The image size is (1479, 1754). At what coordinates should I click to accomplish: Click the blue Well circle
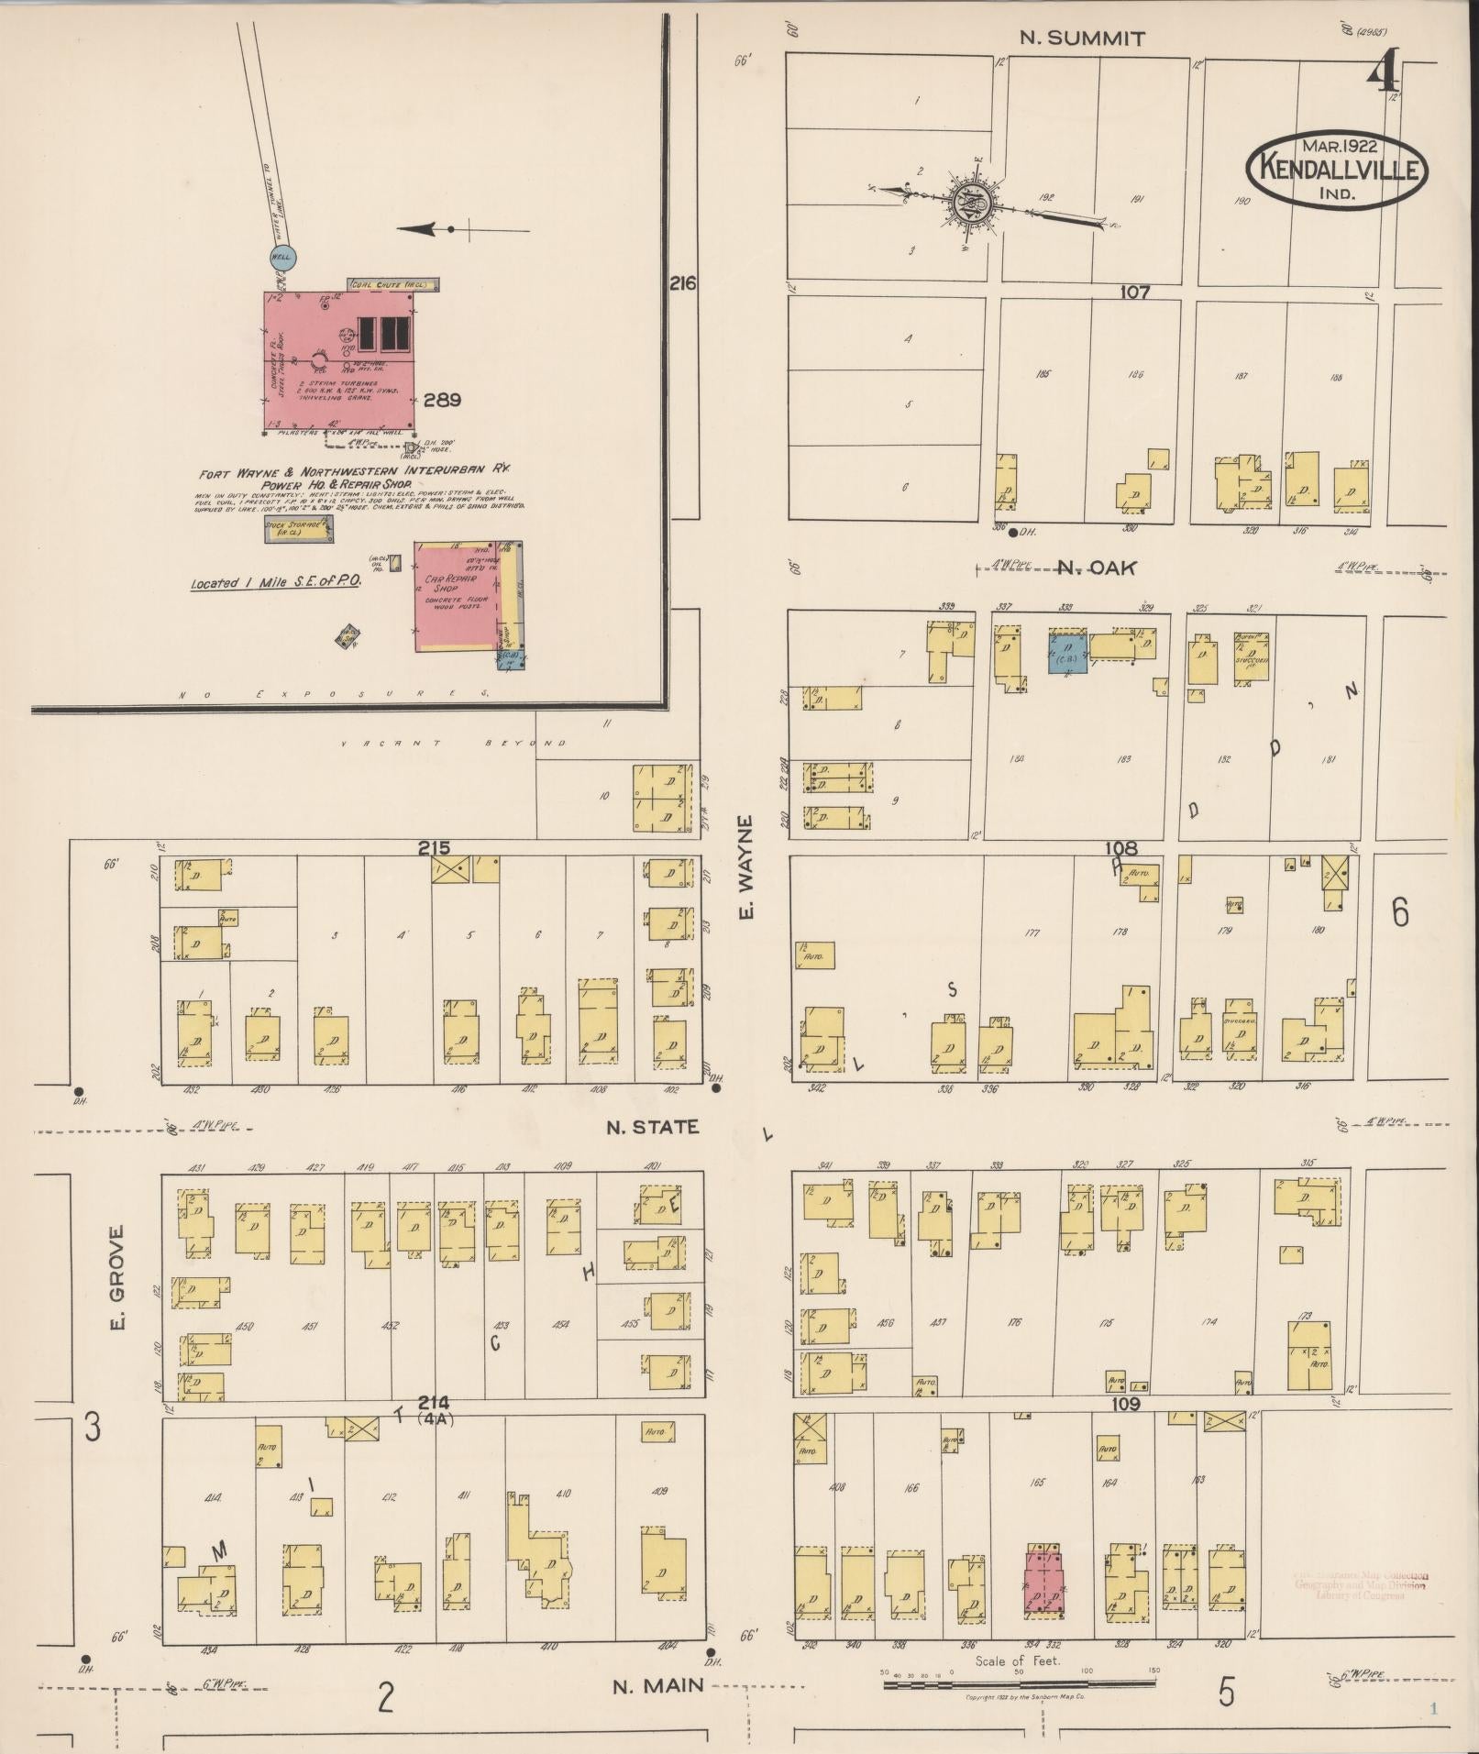tap(281, 258)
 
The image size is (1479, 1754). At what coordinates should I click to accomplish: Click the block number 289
tap(442, 400)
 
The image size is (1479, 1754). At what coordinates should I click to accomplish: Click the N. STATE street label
tap(652, 1127)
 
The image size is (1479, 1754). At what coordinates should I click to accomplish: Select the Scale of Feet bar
tap(1019, 1684)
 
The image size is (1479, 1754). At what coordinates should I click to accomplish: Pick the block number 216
tap(682, 284)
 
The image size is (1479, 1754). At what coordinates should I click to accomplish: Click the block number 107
tap(1134, 292)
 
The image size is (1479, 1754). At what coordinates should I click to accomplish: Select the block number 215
tap(434, 848)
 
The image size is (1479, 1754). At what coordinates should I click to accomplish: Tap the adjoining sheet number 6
tap(1399, 912)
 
